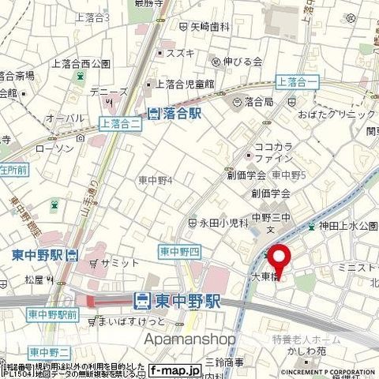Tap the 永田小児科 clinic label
(224, 223)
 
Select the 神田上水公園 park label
(345, 226)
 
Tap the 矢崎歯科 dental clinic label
(209, 26)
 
